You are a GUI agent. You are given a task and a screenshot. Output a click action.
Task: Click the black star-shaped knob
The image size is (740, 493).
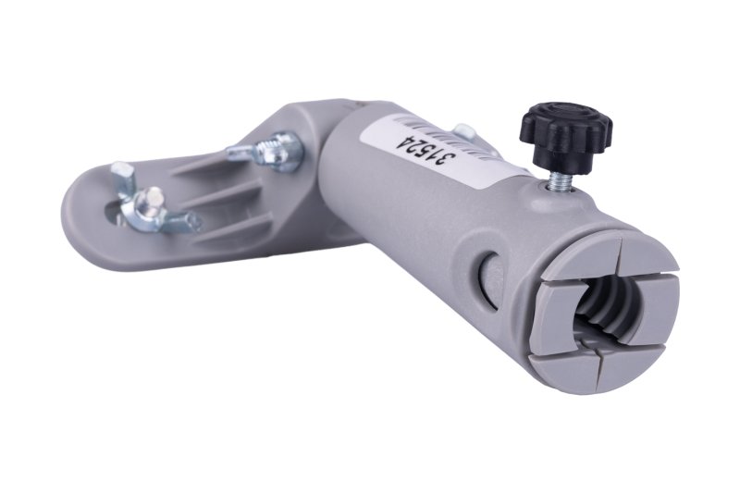[x=565, y=129]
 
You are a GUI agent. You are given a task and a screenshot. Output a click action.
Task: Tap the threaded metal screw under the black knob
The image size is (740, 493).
[x=558, y=179]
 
